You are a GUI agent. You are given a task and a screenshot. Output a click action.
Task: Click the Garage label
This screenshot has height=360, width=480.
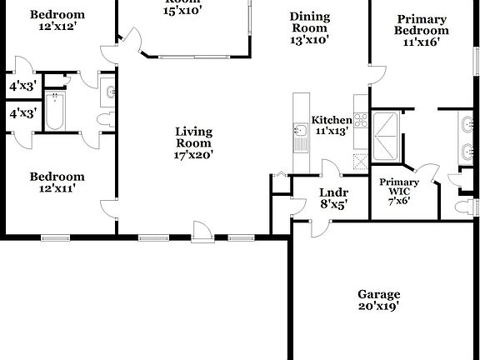[378, 300]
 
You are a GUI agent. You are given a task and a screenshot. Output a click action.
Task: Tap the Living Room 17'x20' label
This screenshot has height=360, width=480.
[193, 142]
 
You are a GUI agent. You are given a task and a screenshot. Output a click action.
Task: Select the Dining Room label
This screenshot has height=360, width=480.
[309, 27]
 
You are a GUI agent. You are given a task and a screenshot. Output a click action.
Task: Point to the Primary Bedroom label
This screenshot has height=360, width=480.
[422, 30]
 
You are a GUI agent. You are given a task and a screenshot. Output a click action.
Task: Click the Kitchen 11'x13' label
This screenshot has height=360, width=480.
[331, 126]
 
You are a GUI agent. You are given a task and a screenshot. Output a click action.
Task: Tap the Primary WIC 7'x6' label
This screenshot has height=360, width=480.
[398, 191]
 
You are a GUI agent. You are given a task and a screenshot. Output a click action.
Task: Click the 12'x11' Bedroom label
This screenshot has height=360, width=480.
[57, 182]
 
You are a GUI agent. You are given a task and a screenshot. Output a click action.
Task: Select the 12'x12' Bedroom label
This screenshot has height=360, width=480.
[57, 21]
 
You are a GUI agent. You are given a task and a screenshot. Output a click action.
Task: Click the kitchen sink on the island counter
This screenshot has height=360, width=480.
[300, 131]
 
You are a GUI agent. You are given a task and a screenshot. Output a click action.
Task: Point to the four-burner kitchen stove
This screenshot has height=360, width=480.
[361, 121]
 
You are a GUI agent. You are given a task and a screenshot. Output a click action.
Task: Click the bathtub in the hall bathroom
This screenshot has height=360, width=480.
[55, 112]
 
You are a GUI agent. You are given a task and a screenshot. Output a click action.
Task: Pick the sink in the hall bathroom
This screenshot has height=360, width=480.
[108, 94]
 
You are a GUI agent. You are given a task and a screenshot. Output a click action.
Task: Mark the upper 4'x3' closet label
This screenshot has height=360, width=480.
[22, 86]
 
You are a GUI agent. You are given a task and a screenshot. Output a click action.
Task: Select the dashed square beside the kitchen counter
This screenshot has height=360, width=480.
[360, 162]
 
